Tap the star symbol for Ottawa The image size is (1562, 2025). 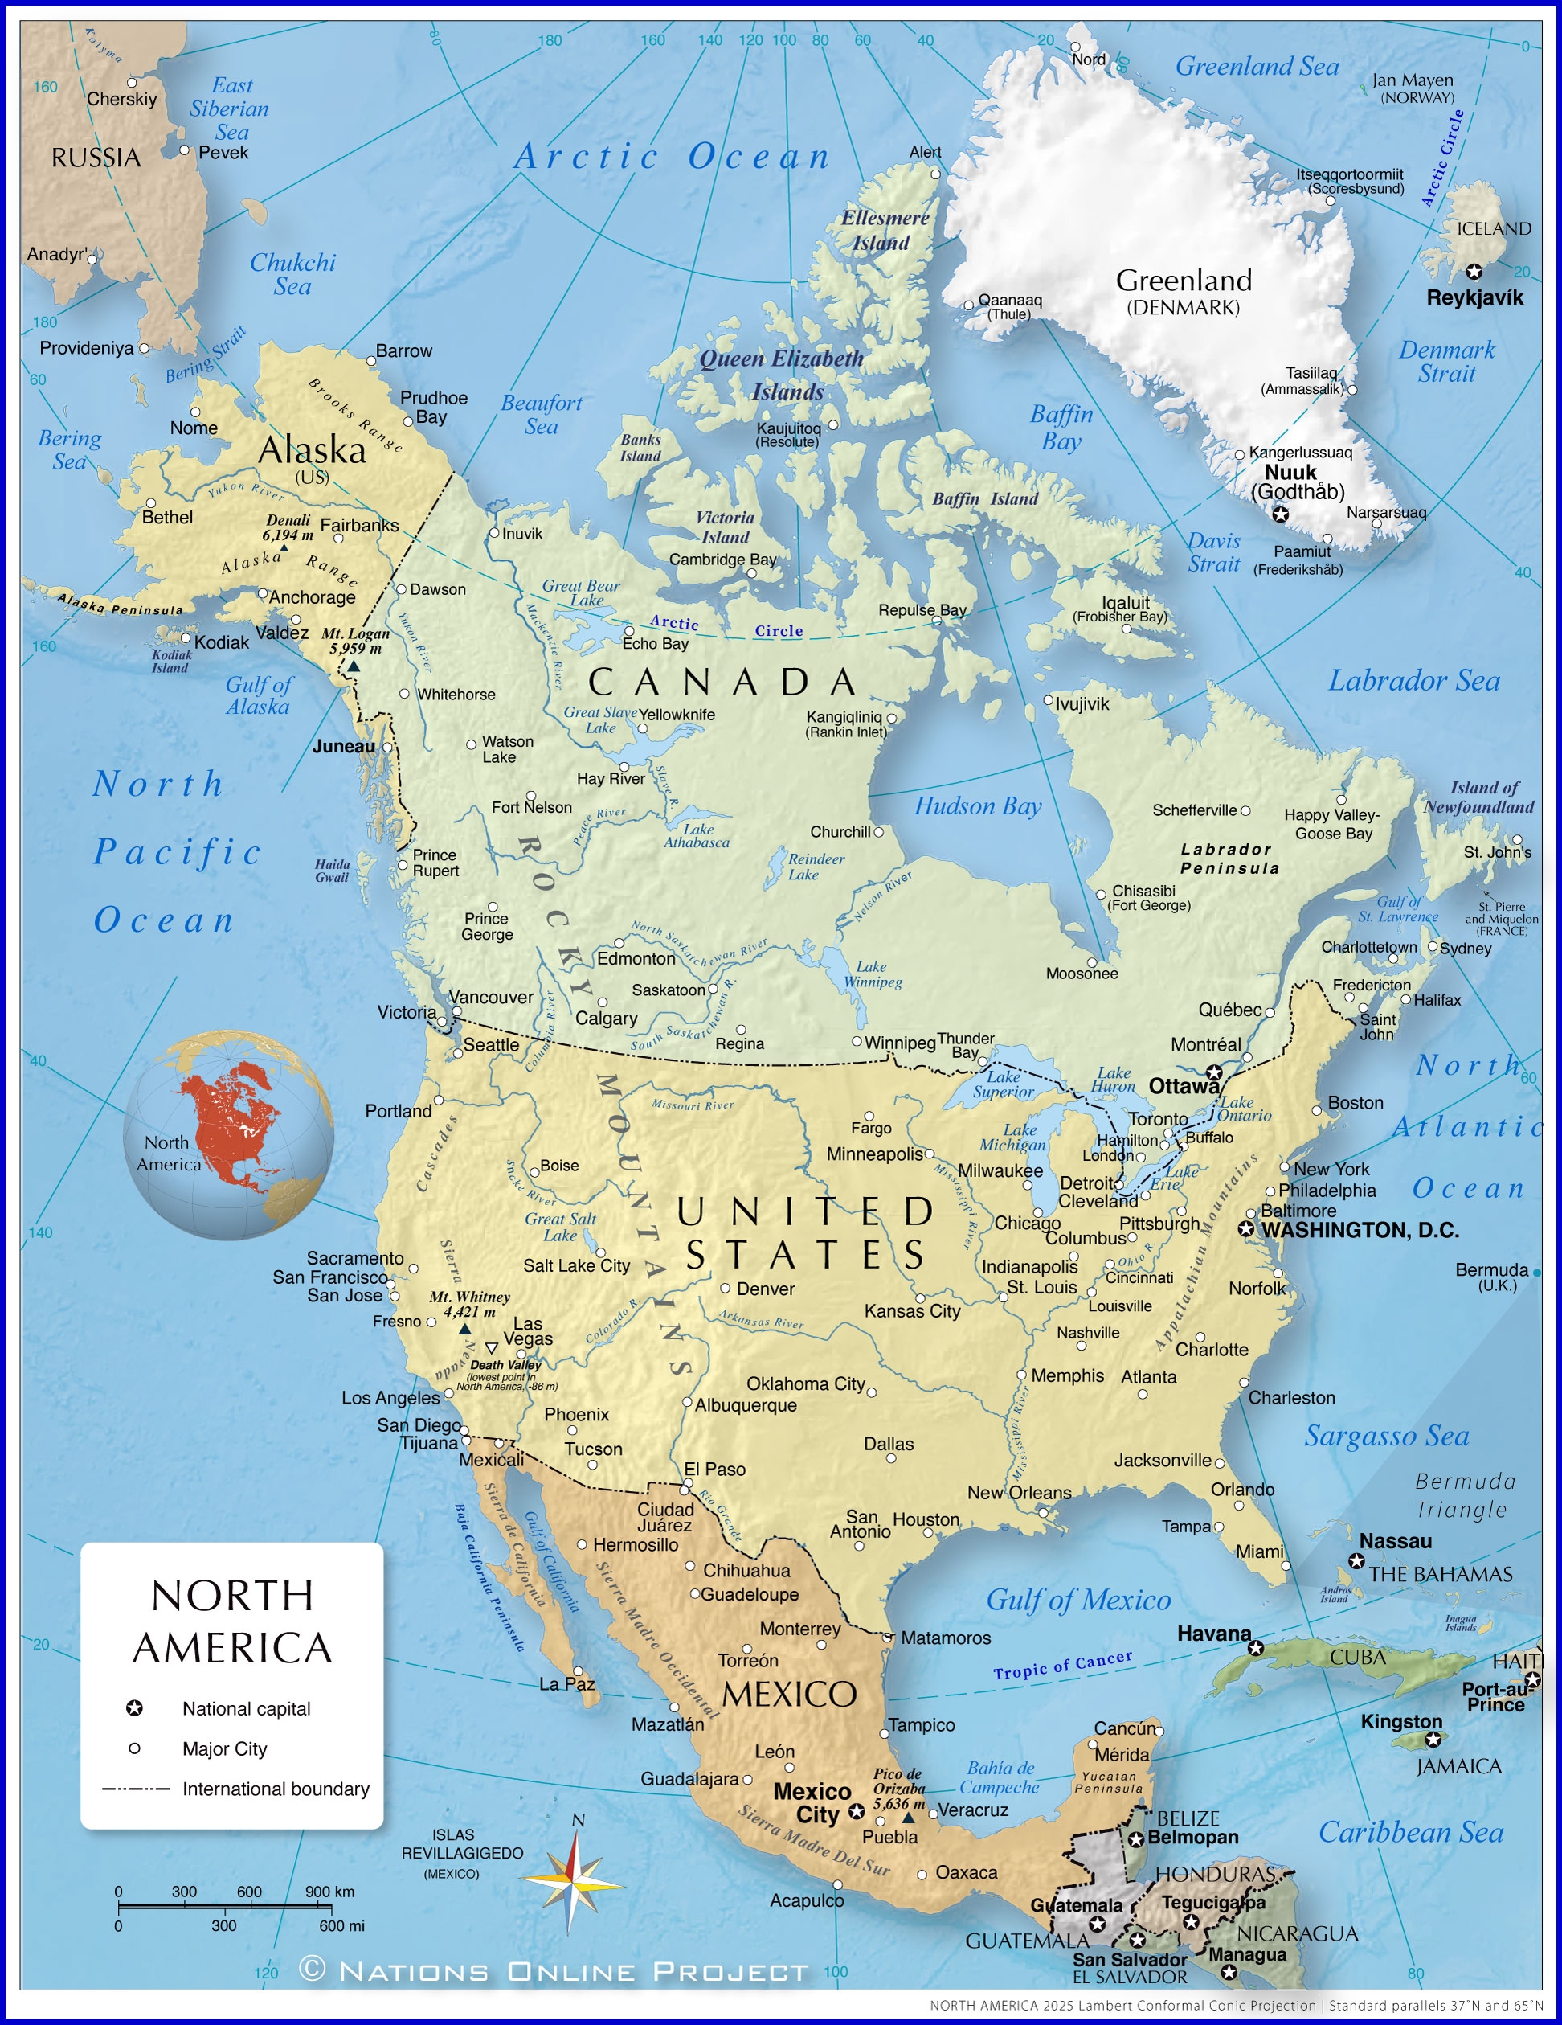(1213, 1072)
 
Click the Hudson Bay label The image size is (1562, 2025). (978, 805)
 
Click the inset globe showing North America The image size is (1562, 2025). (229, 1135)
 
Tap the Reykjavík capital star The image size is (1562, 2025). (1474, 272)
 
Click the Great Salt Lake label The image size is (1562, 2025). (560, 1227)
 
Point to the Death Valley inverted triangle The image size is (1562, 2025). (491, 1347)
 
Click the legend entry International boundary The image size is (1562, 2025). (276, 1789)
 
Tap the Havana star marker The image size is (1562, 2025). (1255, 1648)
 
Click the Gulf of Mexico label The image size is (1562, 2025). (1077, 1600)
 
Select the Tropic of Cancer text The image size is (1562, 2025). (1062, 1665)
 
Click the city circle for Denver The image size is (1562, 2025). (726, 1288)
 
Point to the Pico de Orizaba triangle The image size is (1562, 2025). (910, 1818)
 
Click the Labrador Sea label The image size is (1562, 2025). (1413, 681)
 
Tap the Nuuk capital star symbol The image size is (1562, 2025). (1280, 514)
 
